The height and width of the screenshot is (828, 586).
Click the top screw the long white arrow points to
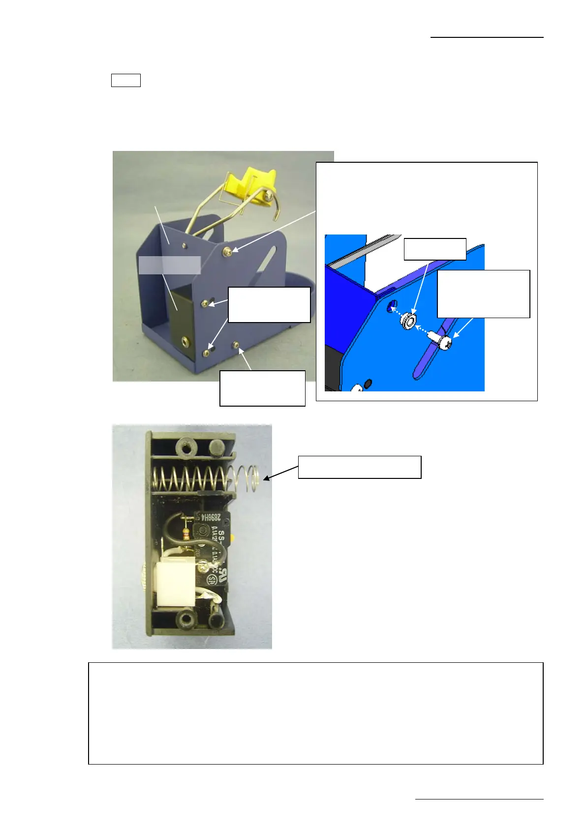[x=228, y=252]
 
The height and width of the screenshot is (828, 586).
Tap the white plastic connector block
[x=169, y=584]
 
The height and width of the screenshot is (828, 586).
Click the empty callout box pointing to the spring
[x=360, y=467]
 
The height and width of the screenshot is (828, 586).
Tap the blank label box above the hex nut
[x=434, y=249]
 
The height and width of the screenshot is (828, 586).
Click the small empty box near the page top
[x=126, y=80]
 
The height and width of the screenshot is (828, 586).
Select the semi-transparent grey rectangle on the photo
[x=169, y=265]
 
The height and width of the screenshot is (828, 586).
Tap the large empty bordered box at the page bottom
[x=315, y=713]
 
